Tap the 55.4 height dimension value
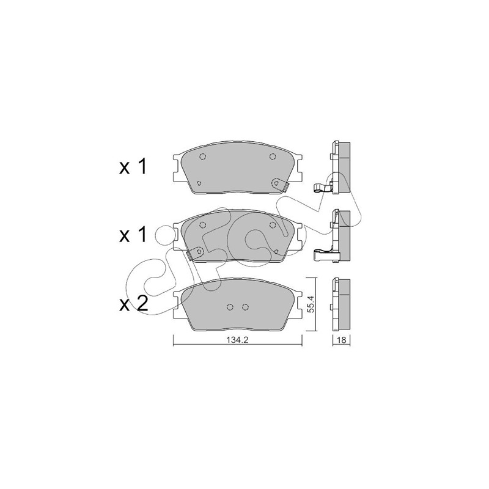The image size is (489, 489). (x=312, y=304)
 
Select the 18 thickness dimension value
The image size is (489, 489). (x=342, y=340)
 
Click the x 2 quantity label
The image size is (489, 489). (x=133, y=304)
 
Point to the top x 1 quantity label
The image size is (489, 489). (x=133, y=167)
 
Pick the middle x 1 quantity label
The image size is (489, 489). (x=133, y=235)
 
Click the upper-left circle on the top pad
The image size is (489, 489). (x=203, y=156)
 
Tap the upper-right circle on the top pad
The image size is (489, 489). (x=273, y=156)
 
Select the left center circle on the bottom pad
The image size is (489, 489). (x=230, y=307)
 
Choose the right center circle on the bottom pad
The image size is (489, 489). (x=246, y=307)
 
